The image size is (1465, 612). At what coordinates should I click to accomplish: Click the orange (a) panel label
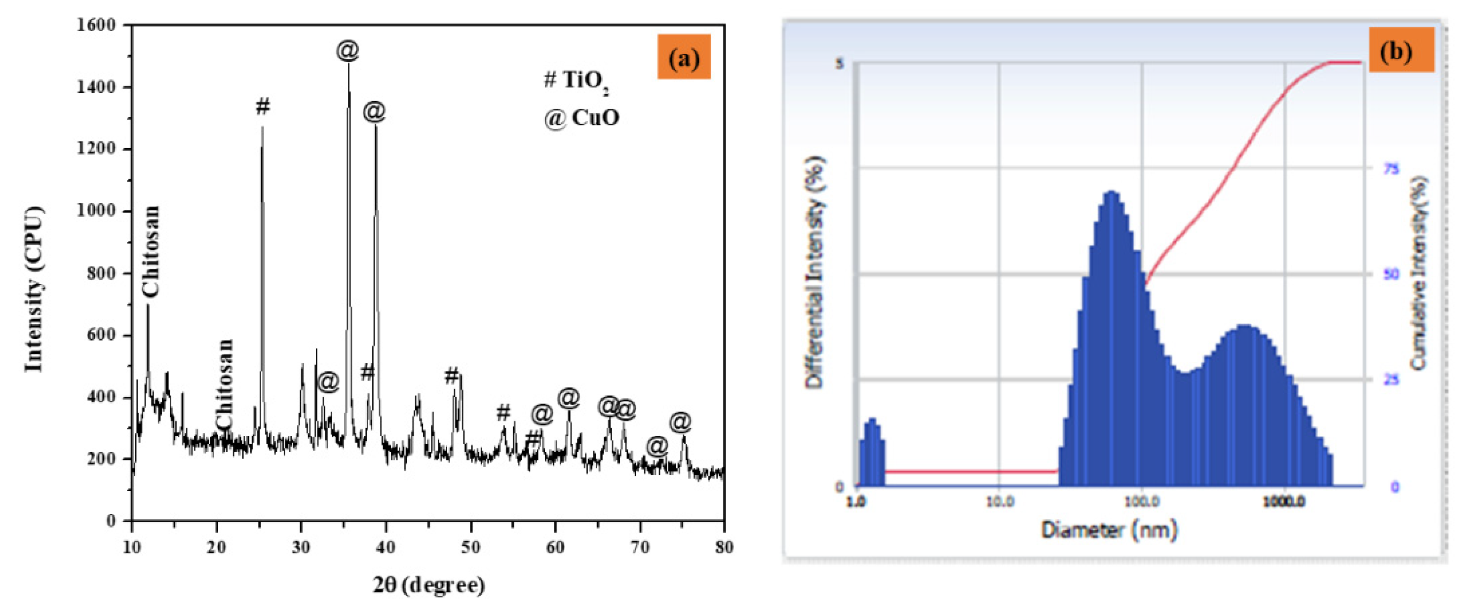coord(684,57)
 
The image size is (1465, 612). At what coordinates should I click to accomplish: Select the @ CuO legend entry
coord(581,118)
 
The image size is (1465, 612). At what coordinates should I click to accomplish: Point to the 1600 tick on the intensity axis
coord(96,25)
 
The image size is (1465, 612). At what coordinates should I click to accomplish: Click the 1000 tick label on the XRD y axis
coord(96,210)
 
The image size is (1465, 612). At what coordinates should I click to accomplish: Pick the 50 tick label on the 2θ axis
coord(470,547)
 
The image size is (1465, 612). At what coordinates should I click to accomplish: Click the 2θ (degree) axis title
coord(429,585)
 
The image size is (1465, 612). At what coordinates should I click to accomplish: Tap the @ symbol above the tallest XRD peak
coord(347,51)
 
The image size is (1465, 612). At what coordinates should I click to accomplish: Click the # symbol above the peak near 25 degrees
coord(262,107)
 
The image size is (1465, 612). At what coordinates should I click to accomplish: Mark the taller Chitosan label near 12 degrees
coord(151,251)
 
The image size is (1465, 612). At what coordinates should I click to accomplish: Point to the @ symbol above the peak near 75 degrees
coord(680,422)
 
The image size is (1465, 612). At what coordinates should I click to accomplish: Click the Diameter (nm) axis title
coord(1109,530)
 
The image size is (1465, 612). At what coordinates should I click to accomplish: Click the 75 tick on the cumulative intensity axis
coord(1391,168)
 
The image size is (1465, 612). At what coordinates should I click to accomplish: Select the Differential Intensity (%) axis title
coord(814,272)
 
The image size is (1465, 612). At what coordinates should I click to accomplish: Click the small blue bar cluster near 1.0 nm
coord(871,452)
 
